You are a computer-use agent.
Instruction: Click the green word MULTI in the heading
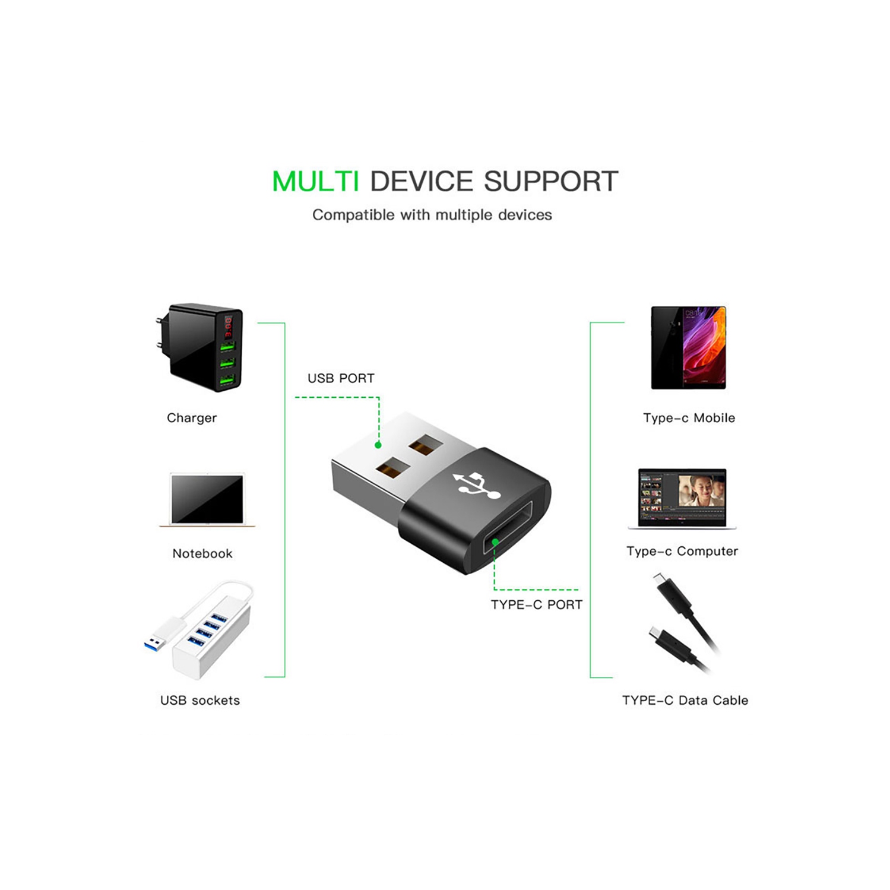click(x=315, y=181)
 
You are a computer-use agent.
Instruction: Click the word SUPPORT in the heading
click(x=551, y=181)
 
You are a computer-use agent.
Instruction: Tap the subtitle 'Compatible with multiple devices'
click(x=432, y=215)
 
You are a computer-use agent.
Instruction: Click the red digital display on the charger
click(x=228, y=327)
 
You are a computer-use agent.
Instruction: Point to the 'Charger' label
click(x=192, y=418)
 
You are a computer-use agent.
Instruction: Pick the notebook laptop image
click(x=207, y=500)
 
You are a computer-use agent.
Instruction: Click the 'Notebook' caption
click(x=202, y=553)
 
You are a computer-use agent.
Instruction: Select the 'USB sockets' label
click(x=200, y=701)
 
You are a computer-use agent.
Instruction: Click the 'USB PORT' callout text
click(x=341, y=378)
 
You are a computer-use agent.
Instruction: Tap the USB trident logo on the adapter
click(x=476, y=484)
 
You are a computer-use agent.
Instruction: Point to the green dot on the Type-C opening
click(x=495, y=541)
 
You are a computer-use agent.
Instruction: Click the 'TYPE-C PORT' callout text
click(x=536, y=604)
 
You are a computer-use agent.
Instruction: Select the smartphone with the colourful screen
click(x=688, y=347)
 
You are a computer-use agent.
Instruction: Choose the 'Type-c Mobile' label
click(x=689, y=418)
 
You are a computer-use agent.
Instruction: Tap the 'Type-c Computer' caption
click(x=682, y=551)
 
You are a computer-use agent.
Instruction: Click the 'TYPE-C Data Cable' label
click(x=685, y=701)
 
